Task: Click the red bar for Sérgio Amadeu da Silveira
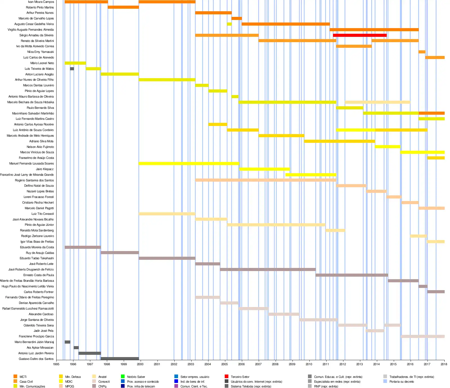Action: point(360,35)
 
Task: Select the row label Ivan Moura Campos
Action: point(41,2)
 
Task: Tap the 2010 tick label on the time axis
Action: point(309,364)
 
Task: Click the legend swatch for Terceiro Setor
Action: point(226,376)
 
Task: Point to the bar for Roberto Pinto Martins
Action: point(123,7)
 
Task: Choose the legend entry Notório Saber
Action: point(136,377)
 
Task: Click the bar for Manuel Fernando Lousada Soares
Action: point(189,163)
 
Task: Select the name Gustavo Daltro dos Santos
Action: point(36,359)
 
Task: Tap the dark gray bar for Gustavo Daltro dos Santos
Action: point(120,358)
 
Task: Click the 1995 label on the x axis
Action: point(56,364)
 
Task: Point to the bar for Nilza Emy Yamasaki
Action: point(422,52)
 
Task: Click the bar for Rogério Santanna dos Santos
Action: point(265,180)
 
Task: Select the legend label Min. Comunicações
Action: point(32,386)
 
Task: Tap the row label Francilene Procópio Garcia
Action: point(36,336)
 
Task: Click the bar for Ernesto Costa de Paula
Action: point(352,275)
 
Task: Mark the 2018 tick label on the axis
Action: point(444,364)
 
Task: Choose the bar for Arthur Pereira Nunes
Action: point(213,13)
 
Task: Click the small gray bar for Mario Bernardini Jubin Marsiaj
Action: point(67,342)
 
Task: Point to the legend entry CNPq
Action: point(102,386)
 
